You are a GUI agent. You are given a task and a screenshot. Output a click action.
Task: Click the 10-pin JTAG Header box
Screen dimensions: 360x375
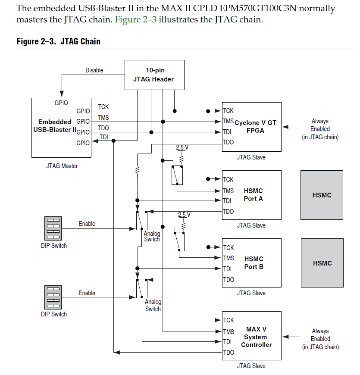click(154, 75)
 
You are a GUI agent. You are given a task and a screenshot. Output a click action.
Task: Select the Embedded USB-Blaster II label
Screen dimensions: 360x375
click(55, 126)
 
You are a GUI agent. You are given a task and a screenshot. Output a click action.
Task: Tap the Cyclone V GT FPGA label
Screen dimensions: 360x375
click(255, 127)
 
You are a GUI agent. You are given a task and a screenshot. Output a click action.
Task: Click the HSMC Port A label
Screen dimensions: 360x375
click(254, 195)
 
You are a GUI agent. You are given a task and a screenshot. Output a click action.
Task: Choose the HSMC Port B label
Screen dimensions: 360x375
click(254, 263)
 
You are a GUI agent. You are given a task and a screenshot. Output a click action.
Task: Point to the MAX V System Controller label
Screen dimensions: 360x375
click(257, 337)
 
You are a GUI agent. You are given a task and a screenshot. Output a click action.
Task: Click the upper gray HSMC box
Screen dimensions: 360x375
click(322, 195)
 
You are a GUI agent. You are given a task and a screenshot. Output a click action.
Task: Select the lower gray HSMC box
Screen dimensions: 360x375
click(322, 263)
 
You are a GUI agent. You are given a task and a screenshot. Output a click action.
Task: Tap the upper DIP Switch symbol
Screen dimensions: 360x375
click(53, 228)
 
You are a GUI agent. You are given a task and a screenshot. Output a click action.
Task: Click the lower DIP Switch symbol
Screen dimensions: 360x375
click(53, 297)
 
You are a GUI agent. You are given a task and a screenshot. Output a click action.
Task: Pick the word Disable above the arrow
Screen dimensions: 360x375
click(94, 70)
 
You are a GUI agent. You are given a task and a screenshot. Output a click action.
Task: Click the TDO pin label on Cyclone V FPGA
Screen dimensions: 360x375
click(228, 142)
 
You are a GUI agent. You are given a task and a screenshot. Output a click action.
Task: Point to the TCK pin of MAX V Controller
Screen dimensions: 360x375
click(229, 320)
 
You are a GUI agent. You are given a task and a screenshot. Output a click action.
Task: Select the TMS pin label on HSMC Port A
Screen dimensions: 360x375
click(228, 191)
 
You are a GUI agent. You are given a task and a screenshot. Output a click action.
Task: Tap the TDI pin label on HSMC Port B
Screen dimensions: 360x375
click(227, 269)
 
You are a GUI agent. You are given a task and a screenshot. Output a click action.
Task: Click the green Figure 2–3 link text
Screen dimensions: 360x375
click(136, 19)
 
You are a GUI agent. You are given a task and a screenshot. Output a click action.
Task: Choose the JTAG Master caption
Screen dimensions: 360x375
click(62, 166)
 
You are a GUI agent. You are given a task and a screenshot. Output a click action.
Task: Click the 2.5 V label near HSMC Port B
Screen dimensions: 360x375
click(184, 215)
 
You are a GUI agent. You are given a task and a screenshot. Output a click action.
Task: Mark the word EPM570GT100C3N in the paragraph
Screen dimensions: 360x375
click(258, 8)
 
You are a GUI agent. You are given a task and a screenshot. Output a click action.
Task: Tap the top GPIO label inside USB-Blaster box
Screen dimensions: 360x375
click(61, 103)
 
